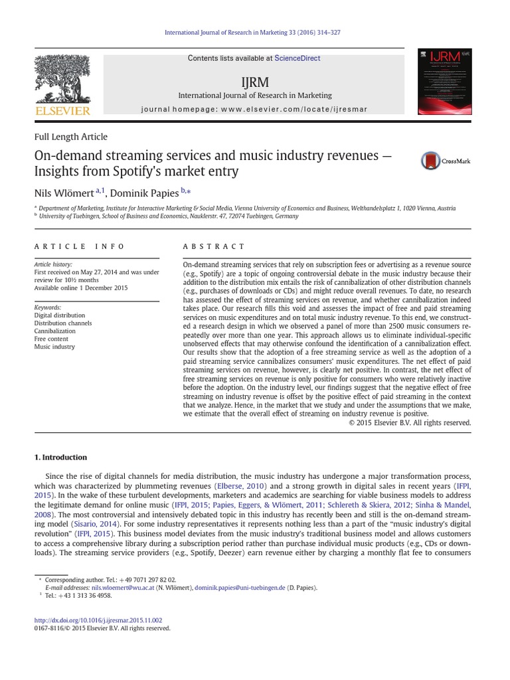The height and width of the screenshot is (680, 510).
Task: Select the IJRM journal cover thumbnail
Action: click(444, 82)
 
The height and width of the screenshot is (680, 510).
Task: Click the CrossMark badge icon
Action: click(446, 161)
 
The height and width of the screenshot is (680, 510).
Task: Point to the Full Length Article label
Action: click(70, 137)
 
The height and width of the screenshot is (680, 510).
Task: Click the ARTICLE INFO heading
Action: click(79, 246)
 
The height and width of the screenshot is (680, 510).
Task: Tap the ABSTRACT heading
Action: click(214, 246)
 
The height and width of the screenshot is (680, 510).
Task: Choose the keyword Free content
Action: click(52, 339)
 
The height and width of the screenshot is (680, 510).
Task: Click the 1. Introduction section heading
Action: click(60, 458)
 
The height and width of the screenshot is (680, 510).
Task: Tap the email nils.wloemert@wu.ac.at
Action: click(131, 588)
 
